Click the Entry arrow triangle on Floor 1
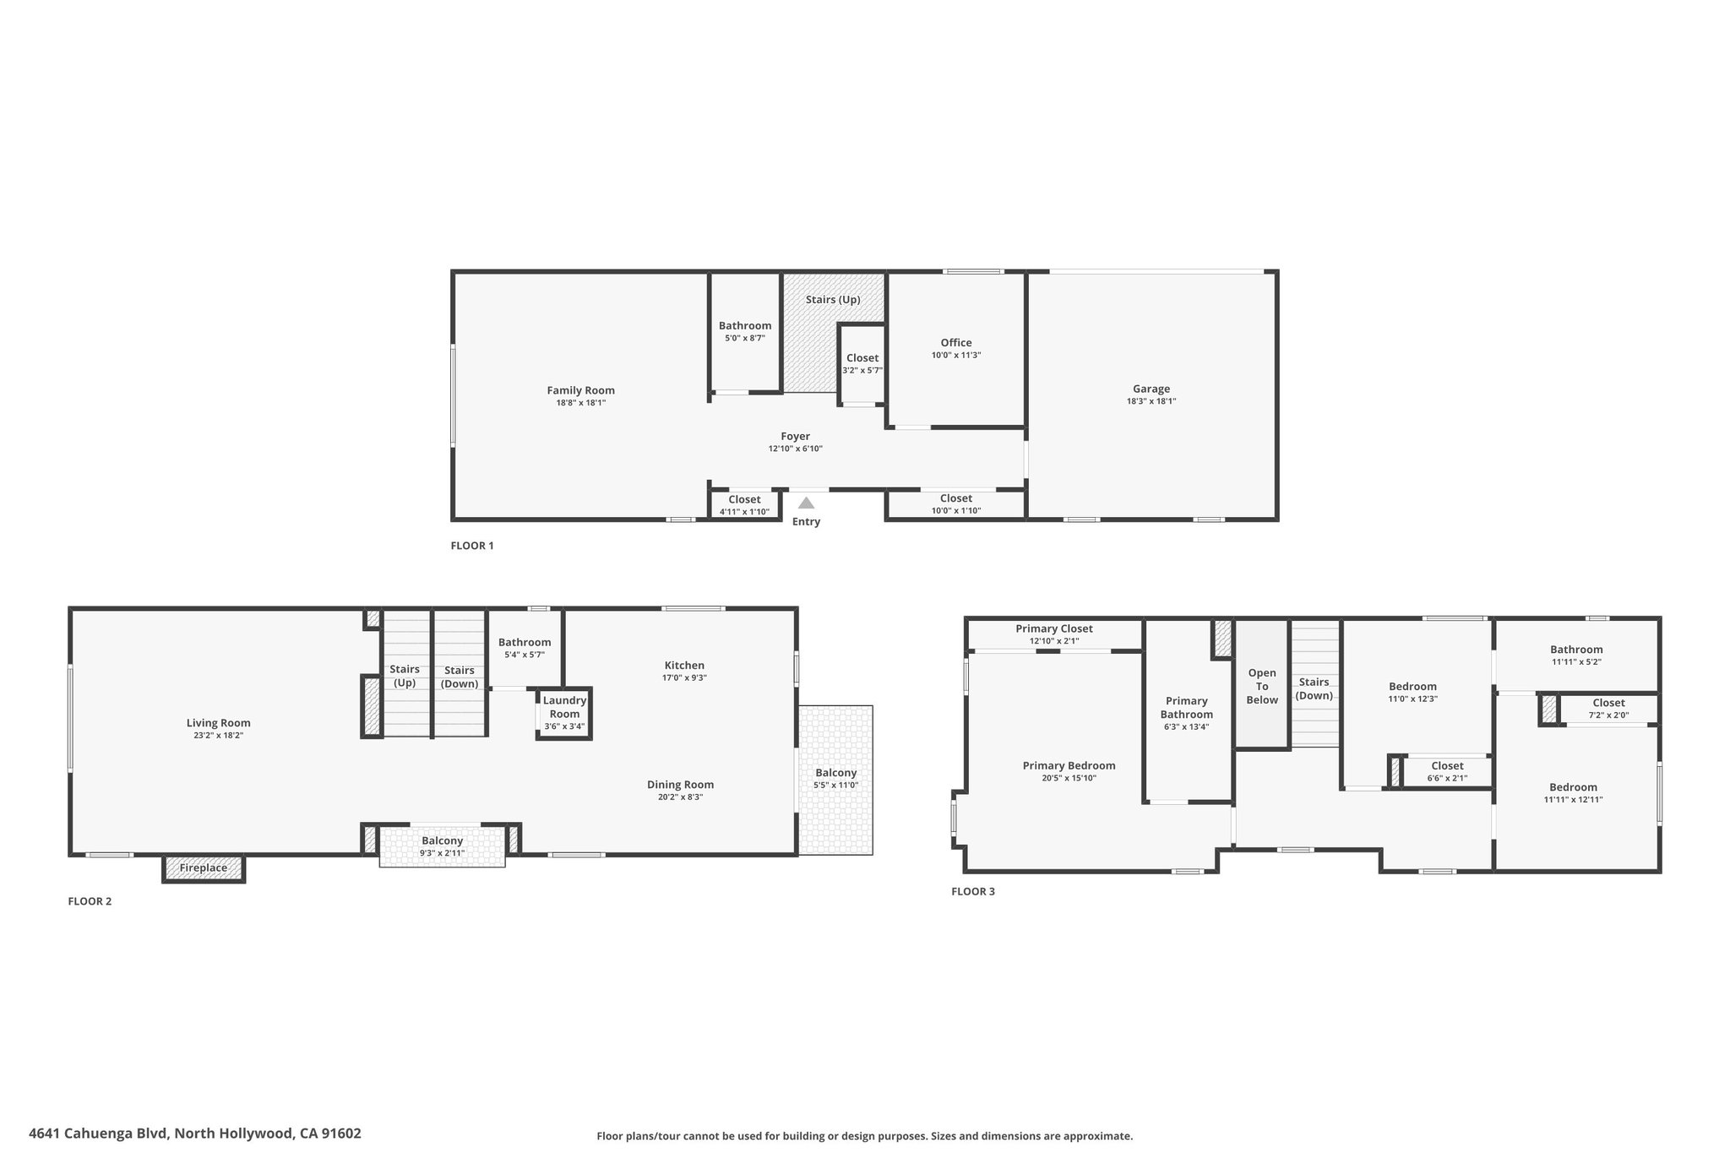coord(806,503)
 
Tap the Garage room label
coord(1151,389)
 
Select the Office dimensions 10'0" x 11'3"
coord(955,356)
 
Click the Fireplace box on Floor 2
coord(204,868)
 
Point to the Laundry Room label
coord(564,707)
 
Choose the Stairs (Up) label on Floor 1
coord(832,300)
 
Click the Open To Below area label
coord(1261,686)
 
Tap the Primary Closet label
coord(1053,628)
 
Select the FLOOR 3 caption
coord(972,891)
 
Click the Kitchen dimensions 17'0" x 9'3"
coord(684,678)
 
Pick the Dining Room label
coord(680,784)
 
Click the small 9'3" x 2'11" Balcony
coord(442,846)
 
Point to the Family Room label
coord(580,390)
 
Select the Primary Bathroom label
coord(1186,707)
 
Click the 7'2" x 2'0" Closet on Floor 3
coord(1608,708)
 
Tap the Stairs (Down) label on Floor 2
coord(460,677)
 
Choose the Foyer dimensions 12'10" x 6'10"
coord(795,449)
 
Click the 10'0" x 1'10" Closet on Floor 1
coord(955,504)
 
